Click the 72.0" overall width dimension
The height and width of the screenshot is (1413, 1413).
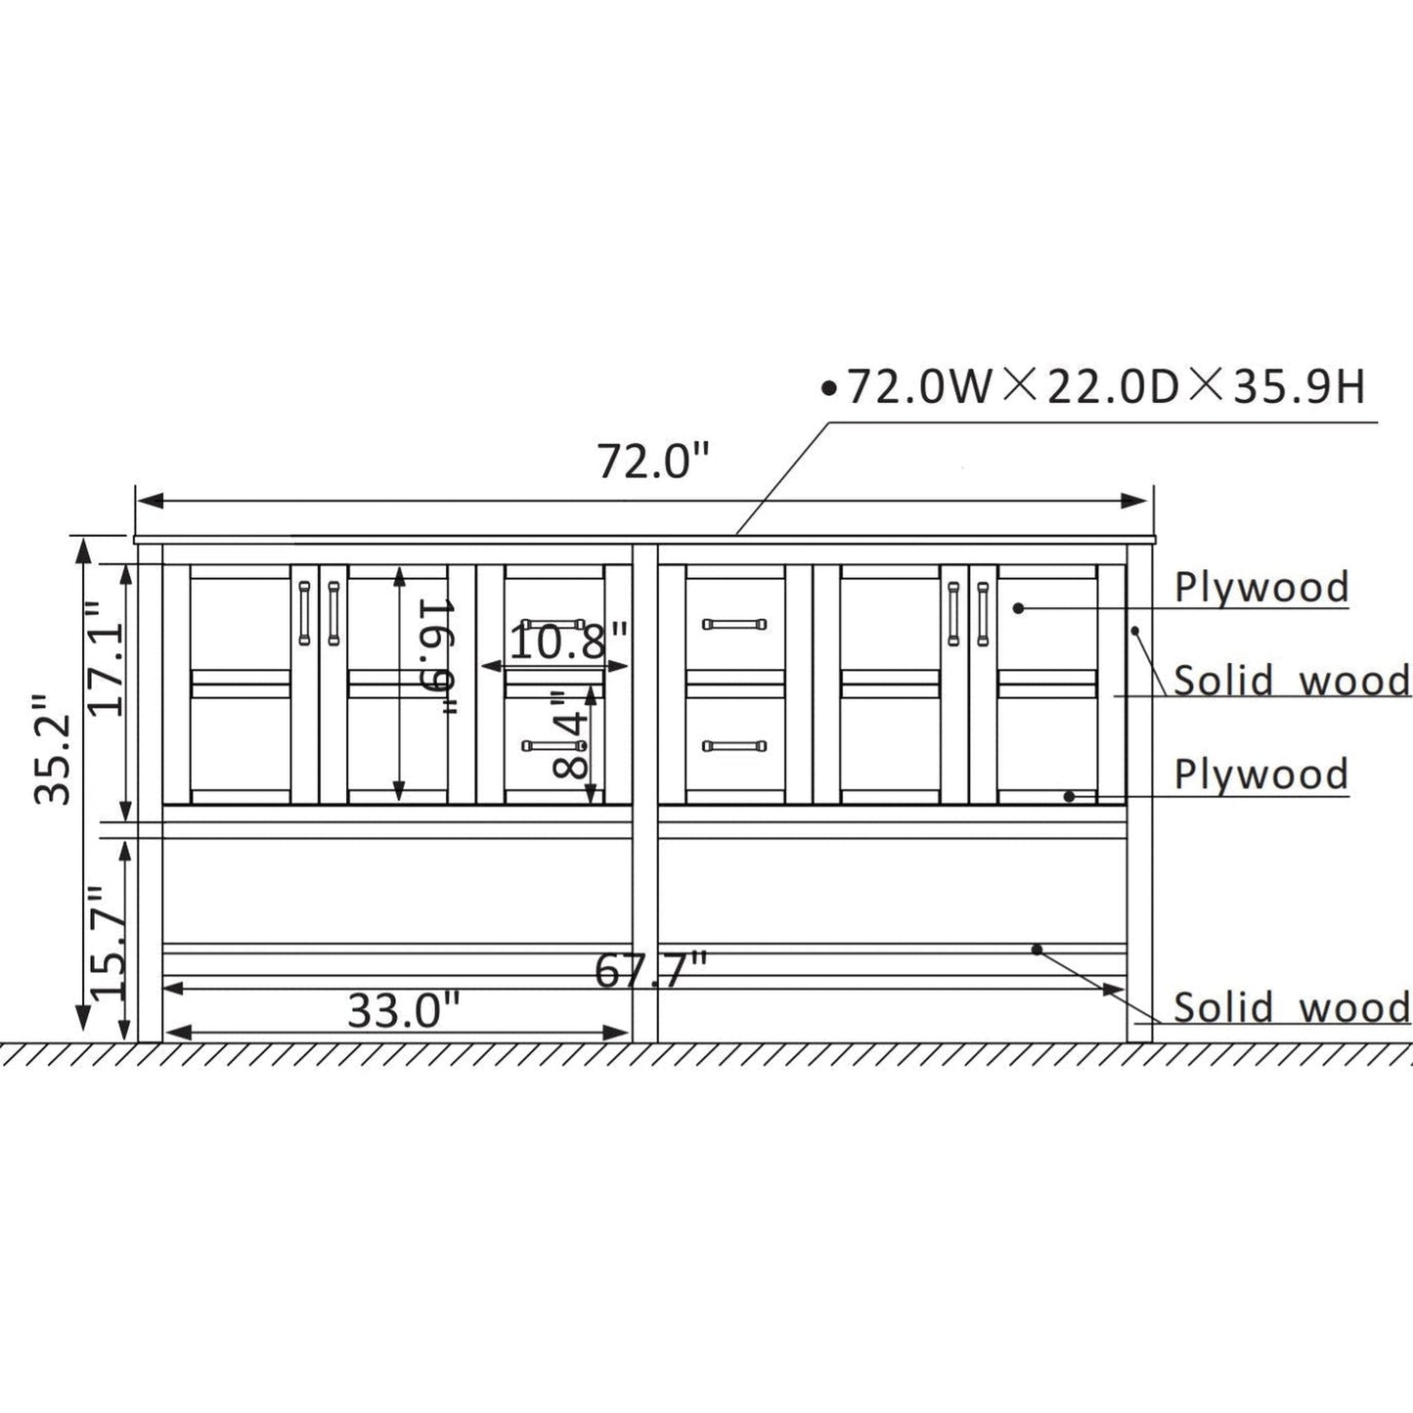pos(653,462)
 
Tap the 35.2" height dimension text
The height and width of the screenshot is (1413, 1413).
pos(54,750)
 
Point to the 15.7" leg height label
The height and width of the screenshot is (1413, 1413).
pos(108,942)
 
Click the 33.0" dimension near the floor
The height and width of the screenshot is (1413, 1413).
pos(403,1011)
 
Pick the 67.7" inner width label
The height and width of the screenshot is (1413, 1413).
pos(650,971)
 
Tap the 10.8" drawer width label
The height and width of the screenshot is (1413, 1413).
pos(568,641)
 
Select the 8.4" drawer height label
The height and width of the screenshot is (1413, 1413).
pos(571,734)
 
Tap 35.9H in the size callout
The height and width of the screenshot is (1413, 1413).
pos(1300,387)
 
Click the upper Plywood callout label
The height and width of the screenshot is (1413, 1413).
pos(1261,588)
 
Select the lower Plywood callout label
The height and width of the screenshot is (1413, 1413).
pos(1261,773)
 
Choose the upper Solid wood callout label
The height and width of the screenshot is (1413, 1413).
pos(1292,680)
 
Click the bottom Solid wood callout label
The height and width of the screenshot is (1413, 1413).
pos(1292,1006)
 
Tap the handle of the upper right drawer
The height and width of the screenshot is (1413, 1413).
pos(734,623)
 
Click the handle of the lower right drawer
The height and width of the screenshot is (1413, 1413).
pos(734,746)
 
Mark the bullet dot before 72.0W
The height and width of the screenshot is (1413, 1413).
pos(830,390)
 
